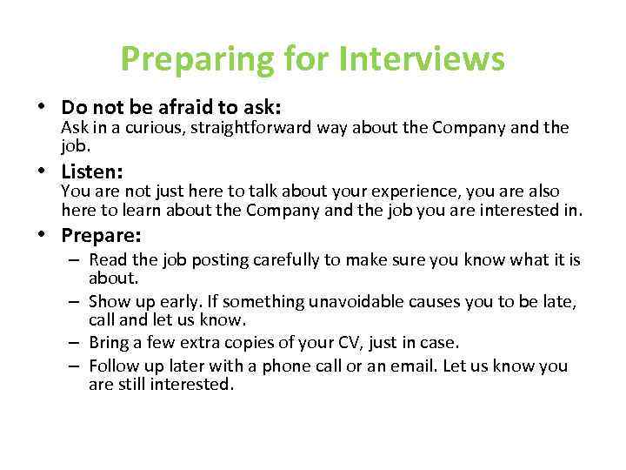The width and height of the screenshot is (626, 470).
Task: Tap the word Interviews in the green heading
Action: (x=422, y=60)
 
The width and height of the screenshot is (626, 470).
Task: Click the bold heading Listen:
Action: (x=91, y=171)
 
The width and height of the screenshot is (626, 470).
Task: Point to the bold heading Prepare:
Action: (x=101, y=235)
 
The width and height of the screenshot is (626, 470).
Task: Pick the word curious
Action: (x=144, y=128)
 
